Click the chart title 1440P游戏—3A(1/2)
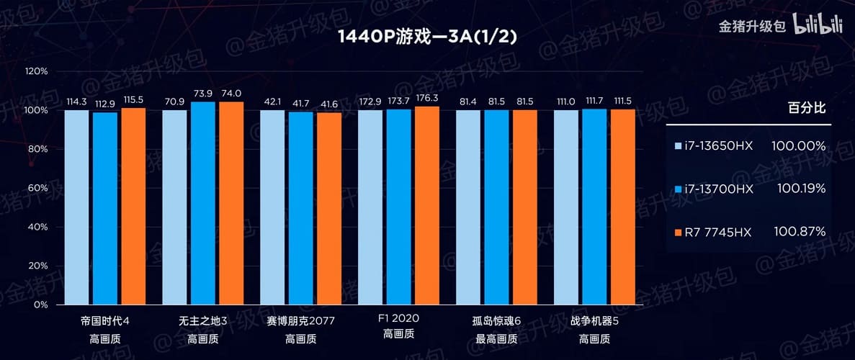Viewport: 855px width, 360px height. coord(427,37)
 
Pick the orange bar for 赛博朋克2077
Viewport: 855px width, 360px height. coord(328,208)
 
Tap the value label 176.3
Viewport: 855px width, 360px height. coord(426,99)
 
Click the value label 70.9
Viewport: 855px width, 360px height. coord(174,102)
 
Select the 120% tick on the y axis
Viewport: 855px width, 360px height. coord(36,71)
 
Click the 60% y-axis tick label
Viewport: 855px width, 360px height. coord(36,188)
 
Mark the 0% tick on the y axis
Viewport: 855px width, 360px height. coord(39,305)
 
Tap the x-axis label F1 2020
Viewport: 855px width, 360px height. coord(398,319)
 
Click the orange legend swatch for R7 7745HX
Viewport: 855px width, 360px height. coord(677,232)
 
